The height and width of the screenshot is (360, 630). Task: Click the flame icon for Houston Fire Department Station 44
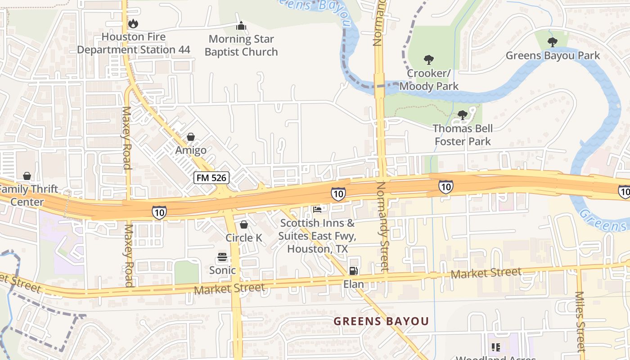click(x=133, y=23)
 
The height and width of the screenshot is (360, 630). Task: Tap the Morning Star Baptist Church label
click(x=241, y=45)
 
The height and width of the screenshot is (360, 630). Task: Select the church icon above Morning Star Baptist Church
click(x=241, y=26)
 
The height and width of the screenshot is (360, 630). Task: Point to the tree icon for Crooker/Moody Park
click(x=429, y=59)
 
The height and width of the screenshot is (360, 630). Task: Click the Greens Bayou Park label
click(x=553, y=55)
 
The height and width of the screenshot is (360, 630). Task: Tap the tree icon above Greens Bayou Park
click(x=552, y=42)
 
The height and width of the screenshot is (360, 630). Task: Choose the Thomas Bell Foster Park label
click(x=463, y=135)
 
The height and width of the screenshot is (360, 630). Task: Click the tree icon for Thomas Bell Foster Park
click(x=463, y=115)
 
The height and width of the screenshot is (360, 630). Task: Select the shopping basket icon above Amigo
click(x=191, y=137)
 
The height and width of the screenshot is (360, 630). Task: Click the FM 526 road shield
click(x=212, y=178)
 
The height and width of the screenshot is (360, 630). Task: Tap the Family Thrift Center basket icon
click(x=27, y=175)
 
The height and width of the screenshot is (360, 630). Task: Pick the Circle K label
click(x=244, y=238)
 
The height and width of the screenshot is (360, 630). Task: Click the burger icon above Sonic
click(x=222, y=257)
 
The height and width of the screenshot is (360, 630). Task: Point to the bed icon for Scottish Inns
click(x=317, y=209)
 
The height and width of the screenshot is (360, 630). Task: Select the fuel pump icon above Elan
click(x=354, y=270)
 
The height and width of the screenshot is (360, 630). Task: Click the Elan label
click(x=354, y=284)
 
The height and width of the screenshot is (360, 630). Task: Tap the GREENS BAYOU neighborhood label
click(x=381, y=321)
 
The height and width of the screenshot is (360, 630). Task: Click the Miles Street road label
click(x=580, y=321)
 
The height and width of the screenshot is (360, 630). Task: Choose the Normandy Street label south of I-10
click(x=382, y=226)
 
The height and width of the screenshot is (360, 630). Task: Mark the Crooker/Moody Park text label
click(x=429, y=80)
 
